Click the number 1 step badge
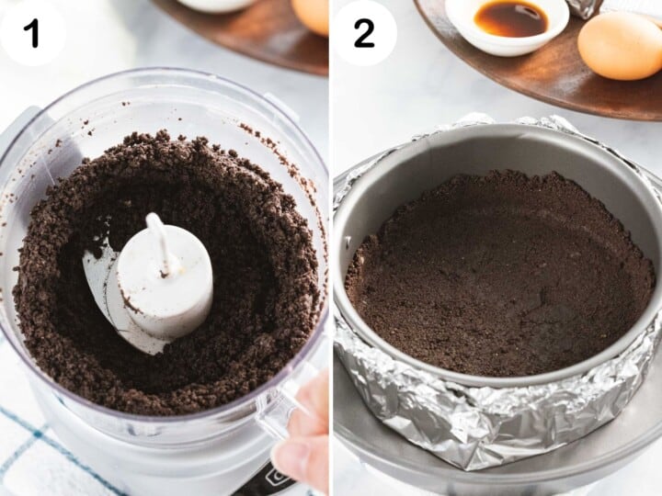[x=32, y=33]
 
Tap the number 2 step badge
[x=364, y=33]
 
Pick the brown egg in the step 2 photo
[x=621, y=45]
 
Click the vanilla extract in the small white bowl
[x=510, y=18]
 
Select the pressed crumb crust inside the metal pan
[x=496, y=276]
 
